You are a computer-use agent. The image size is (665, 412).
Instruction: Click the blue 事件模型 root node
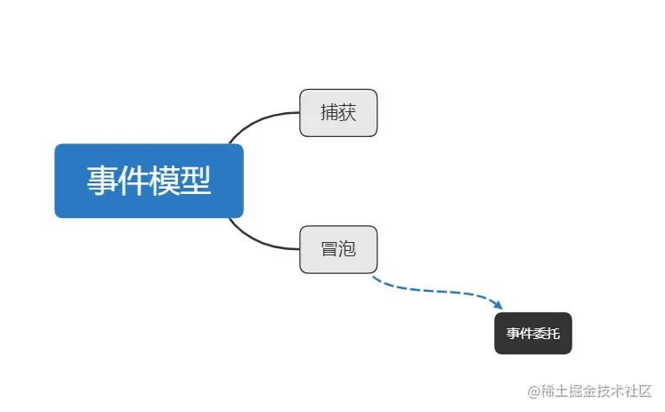(149, 181)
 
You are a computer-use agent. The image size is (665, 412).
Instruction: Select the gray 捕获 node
(338, 113)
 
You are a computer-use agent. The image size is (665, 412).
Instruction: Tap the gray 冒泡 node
(338, 249)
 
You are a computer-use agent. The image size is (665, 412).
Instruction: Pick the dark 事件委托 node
(533, 334)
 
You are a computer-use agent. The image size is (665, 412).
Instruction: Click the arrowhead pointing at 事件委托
(499, 304)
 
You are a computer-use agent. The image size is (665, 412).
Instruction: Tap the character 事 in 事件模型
(102, 181)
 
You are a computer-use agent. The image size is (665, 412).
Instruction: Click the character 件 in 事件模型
(134, 181)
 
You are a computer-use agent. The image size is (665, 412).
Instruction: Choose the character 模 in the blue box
(165, 181)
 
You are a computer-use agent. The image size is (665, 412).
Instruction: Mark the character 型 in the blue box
(196, 181)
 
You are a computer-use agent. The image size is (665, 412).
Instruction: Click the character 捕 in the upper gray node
(329, 113)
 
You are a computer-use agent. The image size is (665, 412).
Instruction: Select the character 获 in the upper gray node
(347, 113)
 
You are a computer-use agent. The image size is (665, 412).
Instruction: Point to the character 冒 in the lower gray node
(329, 249)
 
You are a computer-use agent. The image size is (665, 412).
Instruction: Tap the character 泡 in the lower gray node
(347, 249)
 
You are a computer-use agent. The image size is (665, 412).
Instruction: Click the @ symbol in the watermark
(535, 392)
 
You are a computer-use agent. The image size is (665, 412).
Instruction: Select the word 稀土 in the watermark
(556, 392)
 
